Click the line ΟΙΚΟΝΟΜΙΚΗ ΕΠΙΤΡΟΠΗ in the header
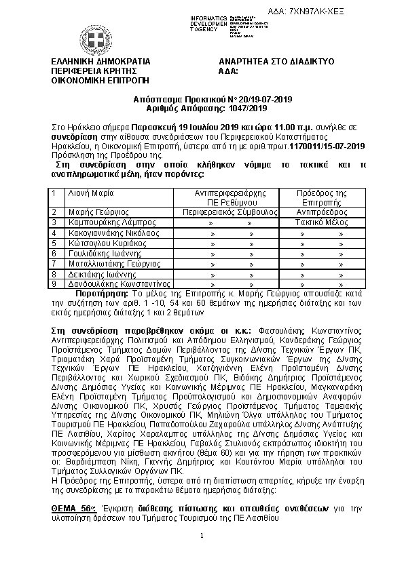90,79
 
